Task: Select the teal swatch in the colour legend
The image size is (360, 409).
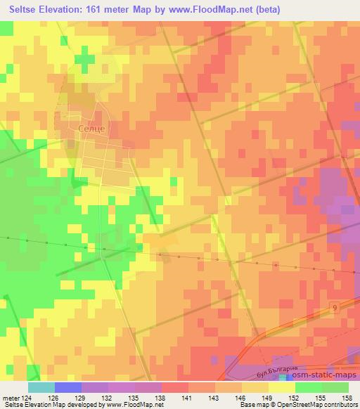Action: tap(41, 387)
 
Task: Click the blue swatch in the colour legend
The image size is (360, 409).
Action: tap(68, 387)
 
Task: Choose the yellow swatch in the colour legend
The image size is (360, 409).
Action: tap(281, 387)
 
